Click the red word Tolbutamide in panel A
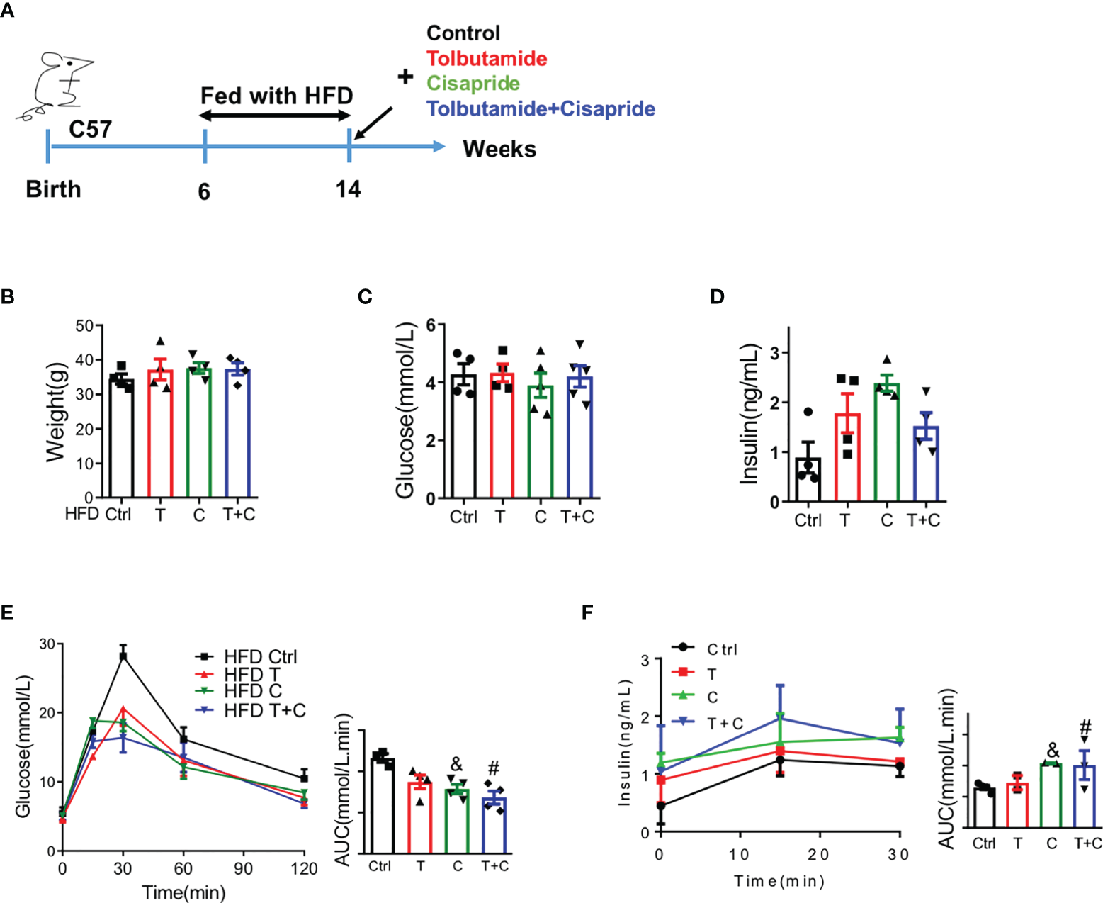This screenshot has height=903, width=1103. point(487,58)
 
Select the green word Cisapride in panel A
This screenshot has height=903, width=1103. point(473,84)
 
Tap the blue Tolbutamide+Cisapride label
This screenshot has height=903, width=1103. point(541,109)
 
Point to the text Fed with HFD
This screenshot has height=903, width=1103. point(276,96)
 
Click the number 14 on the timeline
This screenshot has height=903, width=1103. point(348,189)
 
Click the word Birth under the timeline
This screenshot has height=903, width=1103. point(53,189)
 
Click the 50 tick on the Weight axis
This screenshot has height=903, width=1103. point(85,326)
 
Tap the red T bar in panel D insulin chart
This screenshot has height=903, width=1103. point(847,457)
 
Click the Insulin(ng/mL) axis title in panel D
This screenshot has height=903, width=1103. point(750,415)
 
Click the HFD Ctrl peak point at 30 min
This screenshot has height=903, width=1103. point(123,656)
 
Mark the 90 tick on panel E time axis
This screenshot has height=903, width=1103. point(244,868)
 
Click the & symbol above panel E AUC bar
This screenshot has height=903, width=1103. point(456,765)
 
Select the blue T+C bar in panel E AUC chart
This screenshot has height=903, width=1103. point(494,825)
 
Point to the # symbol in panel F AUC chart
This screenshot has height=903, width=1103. point(1085,728)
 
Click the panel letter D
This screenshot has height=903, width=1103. point(717,297)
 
